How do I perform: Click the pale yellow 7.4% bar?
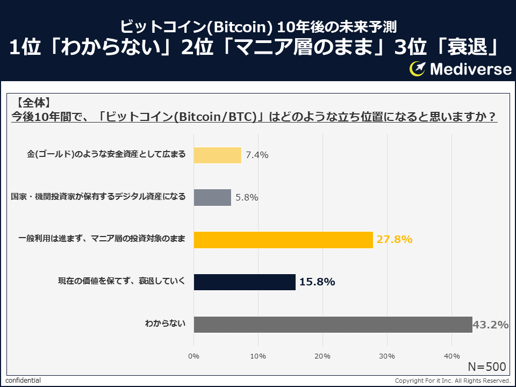pos(217,155)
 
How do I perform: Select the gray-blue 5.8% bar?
pos(212,197)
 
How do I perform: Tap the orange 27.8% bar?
pos(283,240)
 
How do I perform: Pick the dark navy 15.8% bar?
pos(245,282)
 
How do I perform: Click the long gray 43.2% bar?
pos(333,324)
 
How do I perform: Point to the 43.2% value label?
pos(490,324)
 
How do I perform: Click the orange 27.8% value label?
pos(394,240)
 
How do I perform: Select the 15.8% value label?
pos(317,282)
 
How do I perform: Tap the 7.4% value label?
pos(257,155)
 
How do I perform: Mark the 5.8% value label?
pos(247,197)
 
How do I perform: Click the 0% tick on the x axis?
pos(194,356)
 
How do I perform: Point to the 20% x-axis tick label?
pos(322,356)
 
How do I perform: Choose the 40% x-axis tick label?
pos(451,356)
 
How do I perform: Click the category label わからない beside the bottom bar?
pos(165,324)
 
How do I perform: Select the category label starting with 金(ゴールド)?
pos(106,155)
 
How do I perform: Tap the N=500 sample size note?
pos(486,367)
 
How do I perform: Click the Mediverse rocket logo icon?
pos(418,68)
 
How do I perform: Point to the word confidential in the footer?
pos(23,381)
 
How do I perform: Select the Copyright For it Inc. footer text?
pos(452,381)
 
